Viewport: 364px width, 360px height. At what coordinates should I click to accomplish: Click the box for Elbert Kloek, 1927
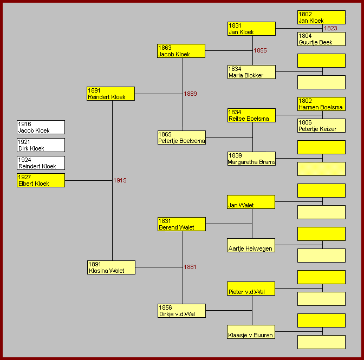coord(41,180)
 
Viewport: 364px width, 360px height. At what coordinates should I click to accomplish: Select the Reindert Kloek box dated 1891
coord(110,94)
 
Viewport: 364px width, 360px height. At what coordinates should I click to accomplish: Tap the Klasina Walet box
coord(110,267)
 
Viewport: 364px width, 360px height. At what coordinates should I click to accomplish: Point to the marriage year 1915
coord(120,180)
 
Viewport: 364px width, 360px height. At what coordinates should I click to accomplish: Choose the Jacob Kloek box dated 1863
coord(181,51)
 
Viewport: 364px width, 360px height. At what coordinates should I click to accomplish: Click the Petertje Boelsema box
coord(181,138)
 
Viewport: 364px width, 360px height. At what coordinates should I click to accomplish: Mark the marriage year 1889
coord(190,94)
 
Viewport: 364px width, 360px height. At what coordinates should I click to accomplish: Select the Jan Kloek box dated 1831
coord(251,29)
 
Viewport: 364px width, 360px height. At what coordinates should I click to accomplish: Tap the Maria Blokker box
coord(251,72)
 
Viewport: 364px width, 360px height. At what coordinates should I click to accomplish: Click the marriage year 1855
coord(261,50)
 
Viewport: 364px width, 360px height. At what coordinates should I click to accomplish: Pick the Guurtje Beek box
coord(321,39)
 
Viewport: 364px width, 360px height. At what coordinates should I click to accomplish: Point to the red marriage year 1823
coord(330,28)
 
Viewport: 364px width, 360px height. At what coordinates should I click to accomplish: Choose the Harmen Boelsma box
coord(321,104)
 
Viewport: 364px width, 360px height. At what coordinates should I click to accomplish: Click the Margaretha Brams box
coord(251,159)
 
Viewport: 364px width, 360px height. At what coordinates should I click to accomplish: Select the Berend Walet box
coord(181,224)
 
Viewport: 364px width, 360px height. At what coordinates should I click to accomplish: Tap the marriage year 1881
coord(190,267)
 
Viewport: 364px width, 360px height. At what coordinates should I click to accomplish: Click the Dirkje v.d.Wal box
coord(181,311)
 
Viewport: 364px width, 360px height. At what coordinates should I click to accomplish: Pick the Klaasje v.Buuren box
coord(251,332)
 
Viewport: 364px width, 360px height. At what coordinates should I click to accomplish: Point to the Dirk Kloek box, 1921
coord(41,145)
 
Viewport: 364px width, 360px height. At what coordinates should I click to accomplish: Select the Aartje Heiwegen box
coord(251,245)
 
